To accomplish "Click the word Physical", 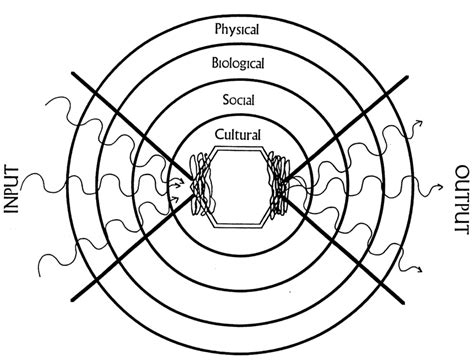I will point(237,29).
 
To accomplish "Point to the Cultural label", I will point(237,133).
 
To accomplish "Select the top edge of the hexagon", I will point(237,151).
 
